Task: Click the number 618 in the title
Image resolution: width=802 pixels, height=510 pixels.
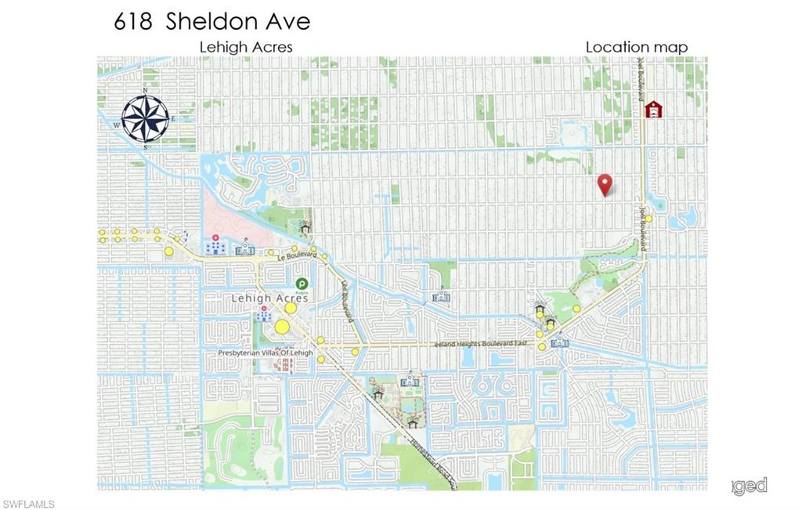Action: coord(133,21)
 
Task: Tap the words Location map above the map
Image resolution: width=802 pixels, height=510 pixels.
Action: coord(637,47)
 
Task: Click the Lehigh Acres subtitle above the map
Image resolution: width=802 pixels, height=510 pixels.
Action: coord(246,47)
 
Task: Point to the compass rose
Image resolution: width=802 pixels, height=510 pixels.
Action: coord(146,118)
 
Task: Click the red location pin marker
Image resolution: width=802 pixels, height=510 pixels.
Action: coord(604,185)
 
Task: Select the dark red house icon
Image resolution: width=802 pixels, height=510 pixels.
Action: coord(653,109)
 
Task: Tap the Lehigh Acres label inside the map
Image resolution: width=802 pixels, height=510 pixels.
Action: coord(269,298)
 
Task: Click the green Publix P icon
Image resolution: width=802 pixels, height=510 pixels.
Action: coord(301,284)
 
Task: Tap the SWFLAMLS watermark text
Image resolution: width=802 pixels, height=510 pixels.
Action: coord(29,504)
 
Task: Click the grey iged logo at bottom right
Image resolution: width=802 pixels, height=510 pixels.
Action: coord(750,486)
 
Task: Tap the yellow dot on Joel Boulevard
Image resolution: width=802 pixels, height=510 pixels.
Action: coord(648,219)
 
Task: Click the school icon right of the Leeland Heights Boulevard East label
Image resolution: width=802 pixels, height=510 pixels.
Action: coord(560,342)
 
